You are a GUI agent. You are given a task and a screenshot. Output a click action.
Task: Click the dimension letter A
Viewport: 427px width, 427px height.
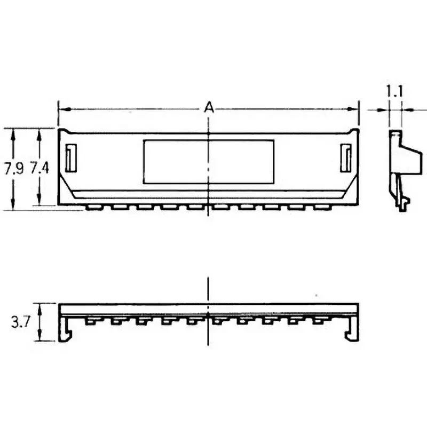point(209,108)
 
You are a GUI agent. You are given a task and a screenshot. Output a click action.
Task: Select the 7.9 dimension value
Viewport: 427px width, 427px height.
point(14,169)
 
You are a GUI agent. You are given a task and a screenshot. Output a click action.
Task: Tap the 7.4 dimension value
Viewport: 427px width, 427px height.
point(39,169)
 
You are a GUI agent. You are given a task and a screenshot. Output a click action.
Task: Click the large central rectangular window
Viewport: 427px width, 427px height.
point(209,162)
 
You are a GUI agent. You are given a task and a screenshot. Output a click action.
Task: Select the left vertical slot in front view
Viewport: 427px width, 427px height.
point(71,158)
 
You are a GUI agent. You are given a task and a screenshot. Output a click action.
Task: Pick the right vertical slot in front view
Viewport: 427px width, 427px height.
point(346,158)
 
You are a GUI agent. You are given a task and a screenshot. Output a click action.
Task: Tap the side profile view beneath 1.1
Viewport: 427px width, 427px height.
point(403,165)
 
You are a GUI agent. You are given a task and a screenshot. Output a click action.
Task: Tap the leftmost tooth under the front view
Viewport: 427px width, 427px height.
point(94,206)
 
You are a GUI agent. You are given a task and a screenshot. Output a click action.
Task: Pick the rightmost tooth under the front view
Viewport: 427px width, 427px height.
point(322,206)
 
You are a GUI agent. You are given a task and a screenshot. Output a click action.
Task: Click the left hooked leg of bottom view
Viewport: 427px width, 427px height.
point(65,331)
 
